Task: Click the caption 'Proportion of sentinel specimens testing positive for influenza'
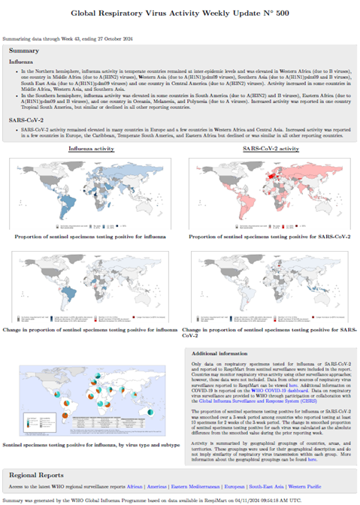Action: coord(91,236)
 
